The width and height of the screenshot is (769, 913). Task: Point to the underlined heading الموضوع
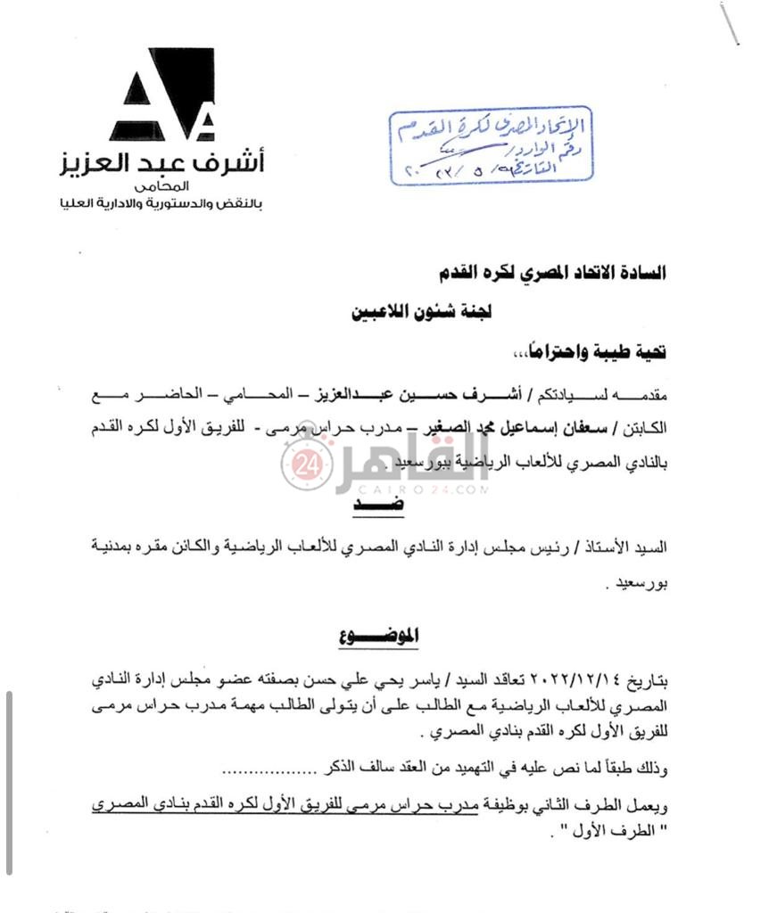(x=379, y=637)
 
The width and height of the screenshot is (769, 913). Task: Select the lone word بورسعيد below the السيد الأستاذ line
(x=641, y=587)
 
